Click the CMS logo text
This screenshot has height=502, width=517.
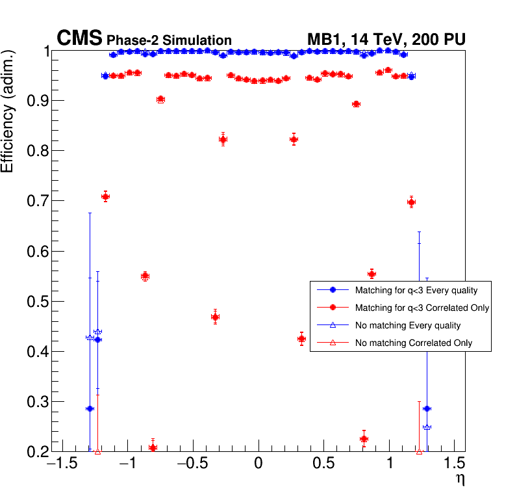click(x=79, y=39)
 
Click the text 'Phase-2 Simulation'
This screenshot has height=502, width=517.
click(x=169, y=40)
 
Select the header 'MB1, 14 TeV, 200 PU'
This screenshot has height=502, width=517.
click(x=386, y=40)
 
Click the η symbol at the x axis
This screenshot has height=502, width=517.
click(x=460, y=480)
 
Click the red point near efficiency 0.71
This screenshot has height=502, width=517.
click(x=105, y=196)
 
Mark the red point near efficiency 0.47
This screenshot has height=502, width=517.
click(x=215, y=317)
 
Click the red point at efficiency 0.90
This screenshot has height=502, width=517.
click(x=160, y=99)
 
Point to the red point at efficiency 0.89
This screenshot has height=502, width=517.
click(x=356, y=104)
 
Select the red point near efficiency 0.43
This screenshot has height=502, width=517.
click(x=301, y=339)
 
